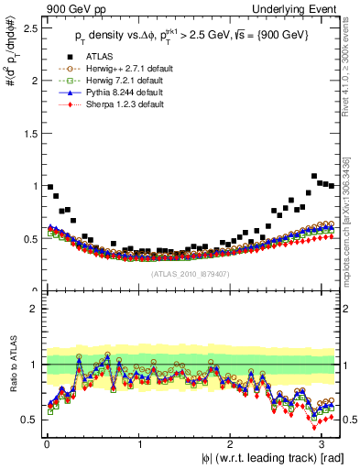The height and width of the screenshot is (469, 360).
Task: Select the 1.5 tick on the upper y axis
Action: coord(31,133)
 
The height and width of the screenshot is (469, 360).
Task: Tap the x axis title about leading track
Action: coord(261,457)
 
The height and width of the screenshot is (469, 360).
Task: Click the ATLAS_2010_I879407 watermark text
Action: coord(191,274)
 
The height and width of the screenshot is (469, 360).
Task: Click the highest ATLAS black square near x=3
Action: coord(315,176)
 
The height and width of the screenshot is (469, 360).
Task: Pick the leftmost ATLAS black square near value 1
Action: coord(49,186)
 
